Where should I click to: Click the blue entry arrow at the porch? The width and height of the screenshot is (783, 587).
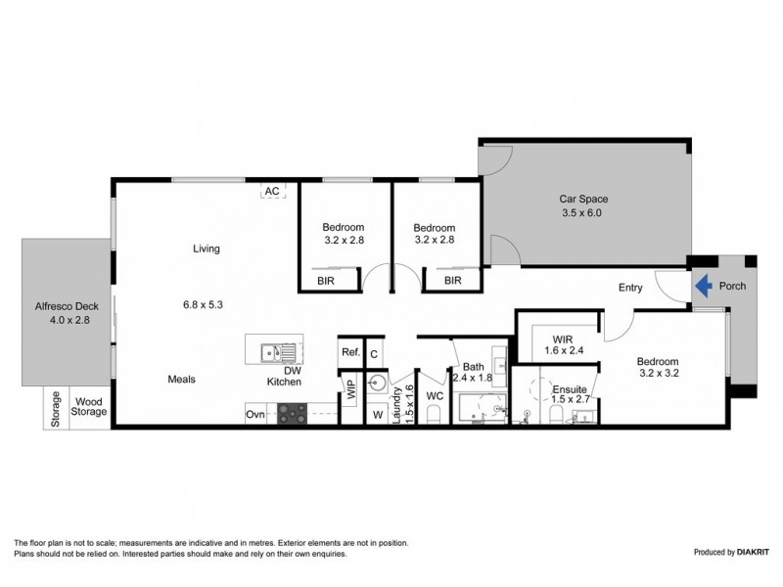click(701, 287)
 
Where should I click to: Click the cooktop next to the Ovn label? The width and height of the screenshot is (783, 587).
click(291, 414)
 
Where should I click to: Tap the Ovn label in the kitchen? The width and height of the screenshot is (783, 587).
click(255, 415)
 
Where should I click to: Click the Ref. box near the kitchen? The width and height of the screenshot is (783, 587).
click(349, 352)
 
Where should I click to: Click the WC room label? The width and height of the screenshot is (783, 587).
click(435, 397)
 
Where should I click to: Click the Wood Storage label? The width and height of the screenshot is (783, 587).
click(88, 407)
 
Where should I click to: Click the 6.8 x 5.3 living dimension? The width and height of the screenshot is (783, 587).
click(202, 304)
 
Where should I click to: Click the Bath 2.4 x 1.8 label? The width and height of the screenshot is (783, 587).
click(473, 373)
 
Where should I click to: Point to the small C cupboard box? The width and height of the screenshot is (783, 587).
click(374, 352)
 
